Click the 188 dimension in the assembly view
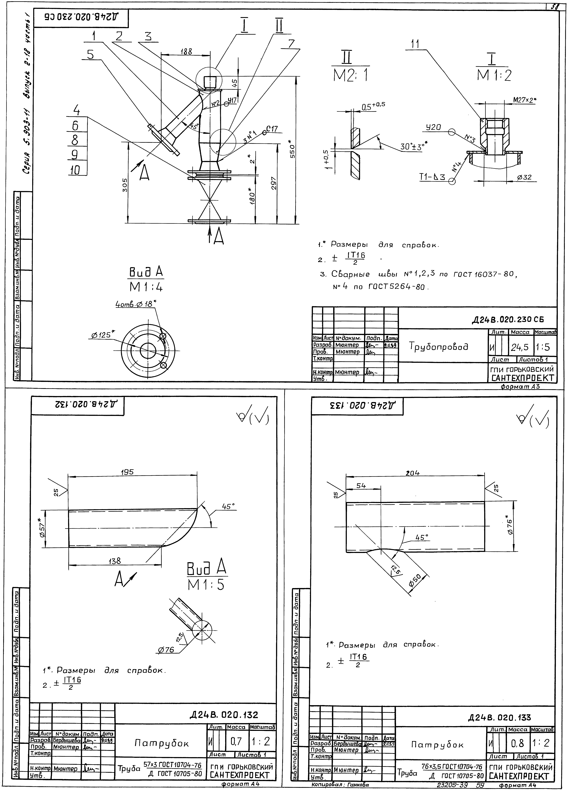point(186,51)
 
